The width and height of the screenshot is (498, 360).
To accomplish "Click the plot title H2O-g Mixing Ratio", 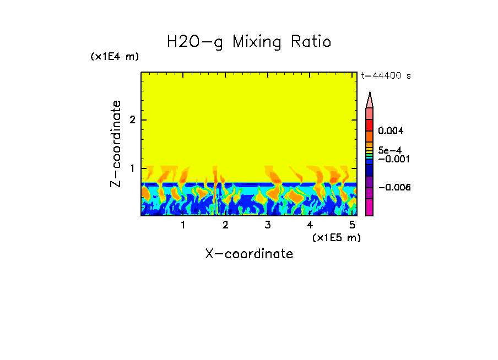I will [x=249, y=42].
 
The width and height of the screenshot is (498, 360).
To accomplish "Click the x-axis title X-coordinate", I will [x=249, y=254].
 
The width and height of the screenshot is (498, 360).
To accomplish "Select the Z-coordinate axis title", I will [x=116, y=144].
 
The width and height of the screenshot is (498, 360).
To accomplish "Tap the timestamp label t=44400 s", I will [x=386, y=76].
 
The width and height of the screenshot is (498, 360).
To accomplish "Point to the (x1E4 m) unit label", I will [x=115, y=57].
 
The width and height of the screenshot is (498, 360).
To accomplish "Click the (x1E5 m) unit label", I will [x=336, y=237].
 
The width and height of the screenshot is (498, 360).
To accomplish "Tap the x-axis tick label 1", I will [x=183, y=225].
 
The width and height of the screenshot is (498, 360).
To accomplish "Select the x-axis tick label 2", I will [x=225, y=225].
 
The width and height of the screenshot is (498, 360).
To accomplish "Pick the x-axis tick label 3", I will [x=268, y=225].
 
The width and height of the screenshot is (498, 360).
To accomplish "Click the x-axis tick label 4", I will [x=310, y=225].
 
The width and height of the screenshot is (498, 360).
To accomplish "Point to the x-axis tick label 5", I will [x=352, y=225].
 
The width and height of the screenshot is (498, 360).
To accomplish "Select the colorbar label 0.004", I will [x=391, y=131].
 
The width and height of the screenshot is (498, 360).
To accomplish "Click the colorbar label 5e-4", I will [x=389, y=150].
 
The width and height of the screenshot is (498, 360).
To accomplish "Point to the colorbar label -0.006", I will [x=394, y=188].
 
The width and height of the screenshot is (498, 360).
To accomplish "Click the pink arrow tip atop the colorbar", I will [x=370, y=100].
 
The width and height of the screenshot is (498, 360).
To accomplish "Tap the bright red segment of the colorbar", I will [x=370, y=125].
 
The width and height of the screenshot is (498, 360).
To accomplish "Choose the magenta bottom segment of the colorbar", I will [x=370, y=208].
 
